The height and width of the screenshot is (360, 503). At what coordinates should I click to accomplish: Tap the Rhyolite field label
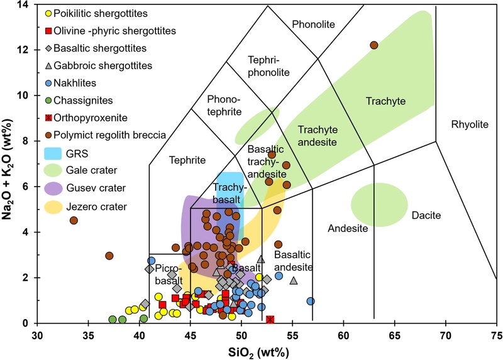click(469, 125)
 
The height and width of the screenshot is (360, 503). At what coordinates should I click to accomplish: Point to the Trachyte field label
click(386, 101)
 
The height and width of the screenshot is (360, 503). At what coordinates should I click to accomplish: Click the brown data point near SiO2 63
click(373, 45)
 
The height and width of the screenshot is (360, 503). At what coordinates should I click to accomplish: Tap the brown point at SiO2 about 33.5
click(74, 221)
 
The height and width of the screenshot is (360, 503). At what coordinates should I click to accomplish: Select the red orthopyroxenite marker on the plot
click(270, 320)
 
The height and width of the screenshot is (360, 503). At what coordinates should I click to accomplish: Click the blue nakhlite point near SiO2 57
click(310, 302)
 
